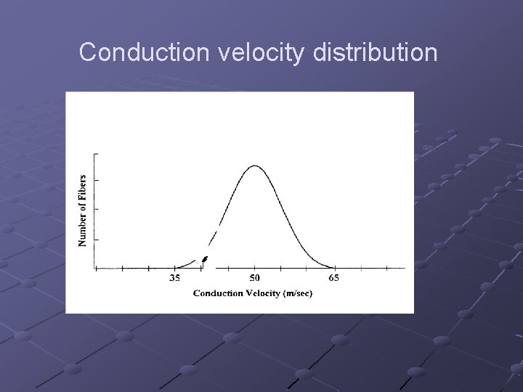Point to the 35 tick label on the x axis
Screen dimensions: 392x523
click(x=175, y=278)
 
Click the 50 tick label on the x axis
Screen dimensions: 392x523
click(x=254, y=278)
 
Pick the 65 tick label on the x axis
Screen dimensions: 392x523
click(x=333, y=278)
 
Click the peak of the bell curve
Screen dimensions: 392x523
click(x=254, y=166)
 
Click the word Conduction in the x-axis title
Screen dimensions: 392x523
click(x=216, y=293)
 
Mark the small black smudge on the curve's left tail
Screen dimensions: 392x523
click(x=205, y=258)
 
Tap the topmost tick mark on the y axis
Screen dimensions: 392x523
click(x=97, y=154)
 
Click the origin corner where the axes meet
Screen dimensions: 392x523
click(x=95, y=269)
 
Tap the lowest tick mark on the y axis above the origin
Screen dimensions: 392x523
click(x=97, y=239)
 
